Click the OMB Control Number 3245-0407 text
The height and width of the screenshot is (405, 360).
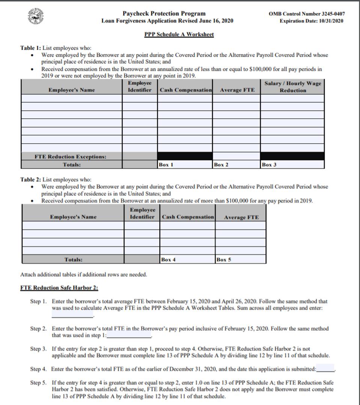(x=307, y=14)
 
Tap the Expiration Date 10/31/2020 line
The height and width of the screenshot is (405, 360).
(x=311, y=21)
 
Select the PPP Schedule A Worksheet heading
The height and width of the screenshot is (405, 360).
(x=179, y=34)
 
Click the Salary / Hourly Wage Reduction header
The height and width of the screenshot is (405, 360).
(x=293, y=87)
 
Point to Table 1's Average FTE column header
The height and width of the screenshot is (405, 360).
(x=237, y=90)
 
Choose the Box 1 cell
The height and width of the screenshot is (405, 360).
(x=185, y=164)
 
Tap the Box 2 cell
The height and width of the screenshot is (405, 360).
(x=236, y=164)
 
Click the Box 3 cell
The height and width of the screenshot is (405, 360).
(x=292, y=164)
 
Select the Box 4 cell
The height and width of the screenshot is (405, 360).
(x=188, y=259)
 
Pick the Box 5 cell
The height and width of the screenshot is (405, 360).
(x=241, y=259)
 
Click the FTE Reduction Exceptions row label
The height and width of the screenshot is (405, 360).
(x=70, y=156)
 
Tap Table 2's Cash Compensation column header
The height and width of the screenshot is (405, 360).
(x=188, y=217)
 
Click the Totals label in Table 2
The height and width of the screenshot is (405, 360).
(x=73, y=259)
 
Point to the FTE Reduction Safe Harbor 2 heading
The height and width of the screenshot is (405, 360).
(x=59, y=288)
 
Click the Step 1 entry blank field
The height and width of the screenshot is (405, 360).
(x=72, y=315)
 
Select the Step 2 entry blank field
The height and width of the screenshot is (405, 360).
(x=129, y=335)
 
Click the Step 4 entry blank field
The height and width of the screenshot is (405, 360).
(x=325, y=369)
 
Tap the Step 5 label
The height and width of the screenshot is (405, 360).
(x=39, y=383)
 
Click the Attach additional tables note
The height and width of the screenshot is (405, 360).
(x=83, y=274)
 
